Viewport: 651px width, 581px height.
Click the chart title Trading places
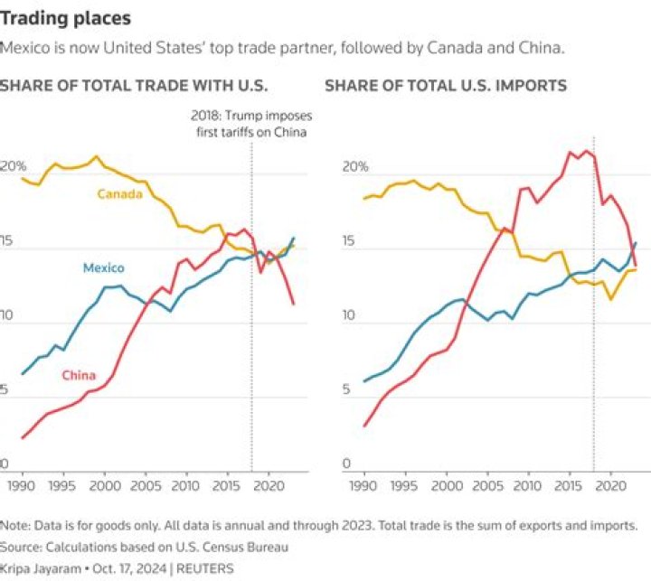click(65, 18)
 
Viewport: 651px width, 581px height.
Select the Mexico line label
click(103, 267)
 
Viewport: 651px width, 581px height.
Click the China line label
click(80, 375)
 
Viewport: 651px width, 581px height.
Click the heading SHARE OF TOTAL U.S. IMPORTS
click(446, 86)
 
